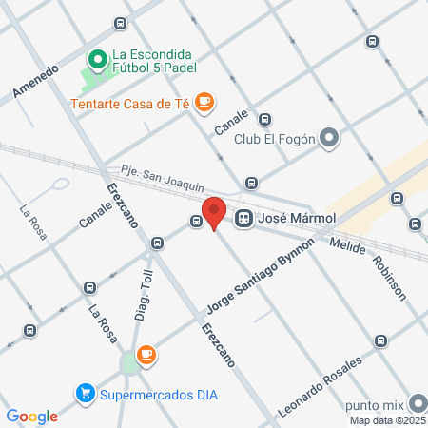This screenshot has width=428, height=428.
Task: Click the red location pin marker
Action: (x=214, y=212)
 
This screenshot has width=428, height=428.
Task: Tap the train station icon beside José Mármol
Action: (x=244, y=218)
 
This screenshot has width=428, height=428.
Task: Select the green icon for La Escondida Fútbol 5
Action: (x=95, y=60)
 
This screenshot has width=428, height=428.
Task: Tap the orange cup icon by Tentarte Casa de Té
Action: (x=204, y=102)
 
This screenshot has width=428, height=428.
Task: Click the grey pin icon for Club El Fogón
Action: (x=329, y=139)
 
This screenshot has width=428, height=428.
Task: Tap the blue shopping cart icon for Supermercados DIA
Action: (x=86, y=392)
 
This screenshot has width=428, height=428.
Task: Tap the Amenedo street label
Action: (x=36, y=81)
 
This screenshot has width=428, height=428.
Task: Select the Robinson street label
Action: (x=390, y=277)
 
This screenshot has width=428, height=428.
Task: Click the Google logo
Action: (x=32, y=416)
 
